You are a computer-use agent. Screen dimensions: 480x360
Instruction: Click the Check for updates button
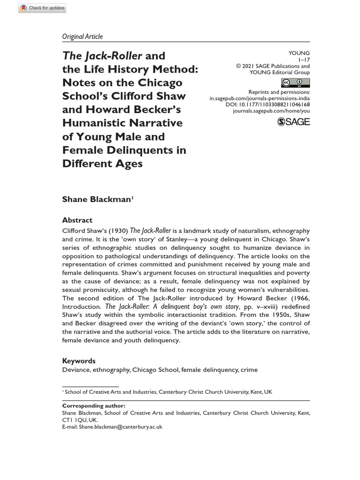pos(43,8)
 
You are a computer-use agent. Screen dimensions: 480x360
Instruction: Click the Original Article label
pos(82,36)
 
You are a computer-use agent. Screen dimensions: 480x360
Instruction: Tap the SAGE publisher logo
pos(293,122)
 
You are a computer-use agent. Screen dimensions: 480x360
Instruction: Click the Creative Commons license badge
pos(295,83)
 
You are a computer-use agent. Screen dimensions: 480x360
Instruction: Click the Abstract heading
pos(77,220)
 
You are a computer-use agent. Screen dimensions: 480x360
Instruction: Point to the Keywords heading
pos(79,361)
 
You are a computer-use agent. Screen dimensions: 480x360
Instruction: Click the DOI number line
pos(268,105)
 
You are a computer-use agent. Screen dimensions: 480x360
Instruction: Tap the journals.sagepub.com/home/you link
pos(271,111)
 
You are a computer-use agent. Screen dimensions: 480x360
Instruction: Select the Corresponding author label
pos(94,406)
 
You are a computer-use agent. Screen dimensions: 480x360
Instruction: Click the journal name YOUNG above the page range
pos(300,53)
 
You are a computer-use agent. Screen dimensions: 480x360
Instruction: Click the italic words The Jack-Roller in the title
pos(102,56)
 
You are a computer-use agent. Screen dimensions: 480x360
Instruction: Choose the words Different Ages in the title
pos(103,164)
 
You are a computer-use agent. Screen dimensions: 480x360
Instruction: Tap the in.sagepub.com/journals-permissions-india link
pos(260,98)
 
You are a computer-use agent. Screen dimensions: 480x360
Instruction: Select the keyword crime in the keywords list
pos(249,370)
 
